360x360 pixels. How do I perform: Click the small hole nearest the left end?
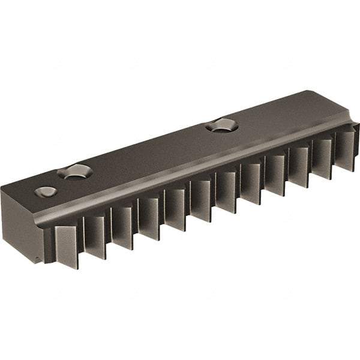click(x=46, y=192)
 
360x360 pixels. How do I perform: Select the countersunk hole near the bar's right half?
click(x=221, y=126)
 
